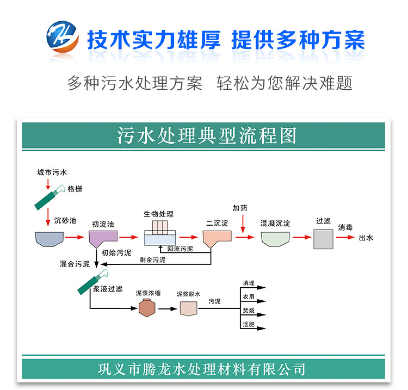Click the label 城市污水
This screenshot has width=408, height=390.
(52, 172)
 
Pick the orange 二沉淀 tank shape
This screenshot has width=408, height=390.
(217, 238)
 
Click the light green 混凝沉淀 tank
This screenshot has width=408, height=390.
(275, 238)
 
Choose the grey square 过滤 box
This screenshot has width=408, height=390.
(323, 239)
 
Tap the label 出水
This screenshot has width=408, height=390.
(366, 238)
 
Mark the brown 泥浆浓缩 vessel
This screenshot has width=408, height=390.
(146, 308)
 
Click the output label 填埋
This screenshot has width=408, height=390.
(248, 283)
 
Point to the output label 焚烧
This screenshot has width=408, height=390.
(248, 311)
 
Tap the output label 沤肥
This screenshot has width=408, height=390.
(248, 324)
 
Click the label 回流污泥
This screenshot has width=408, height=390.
(180, 249)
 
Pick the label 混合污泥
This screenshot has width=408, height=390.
(75, 264)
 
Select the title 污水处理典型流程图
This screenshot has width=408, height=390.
(207, 135)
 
